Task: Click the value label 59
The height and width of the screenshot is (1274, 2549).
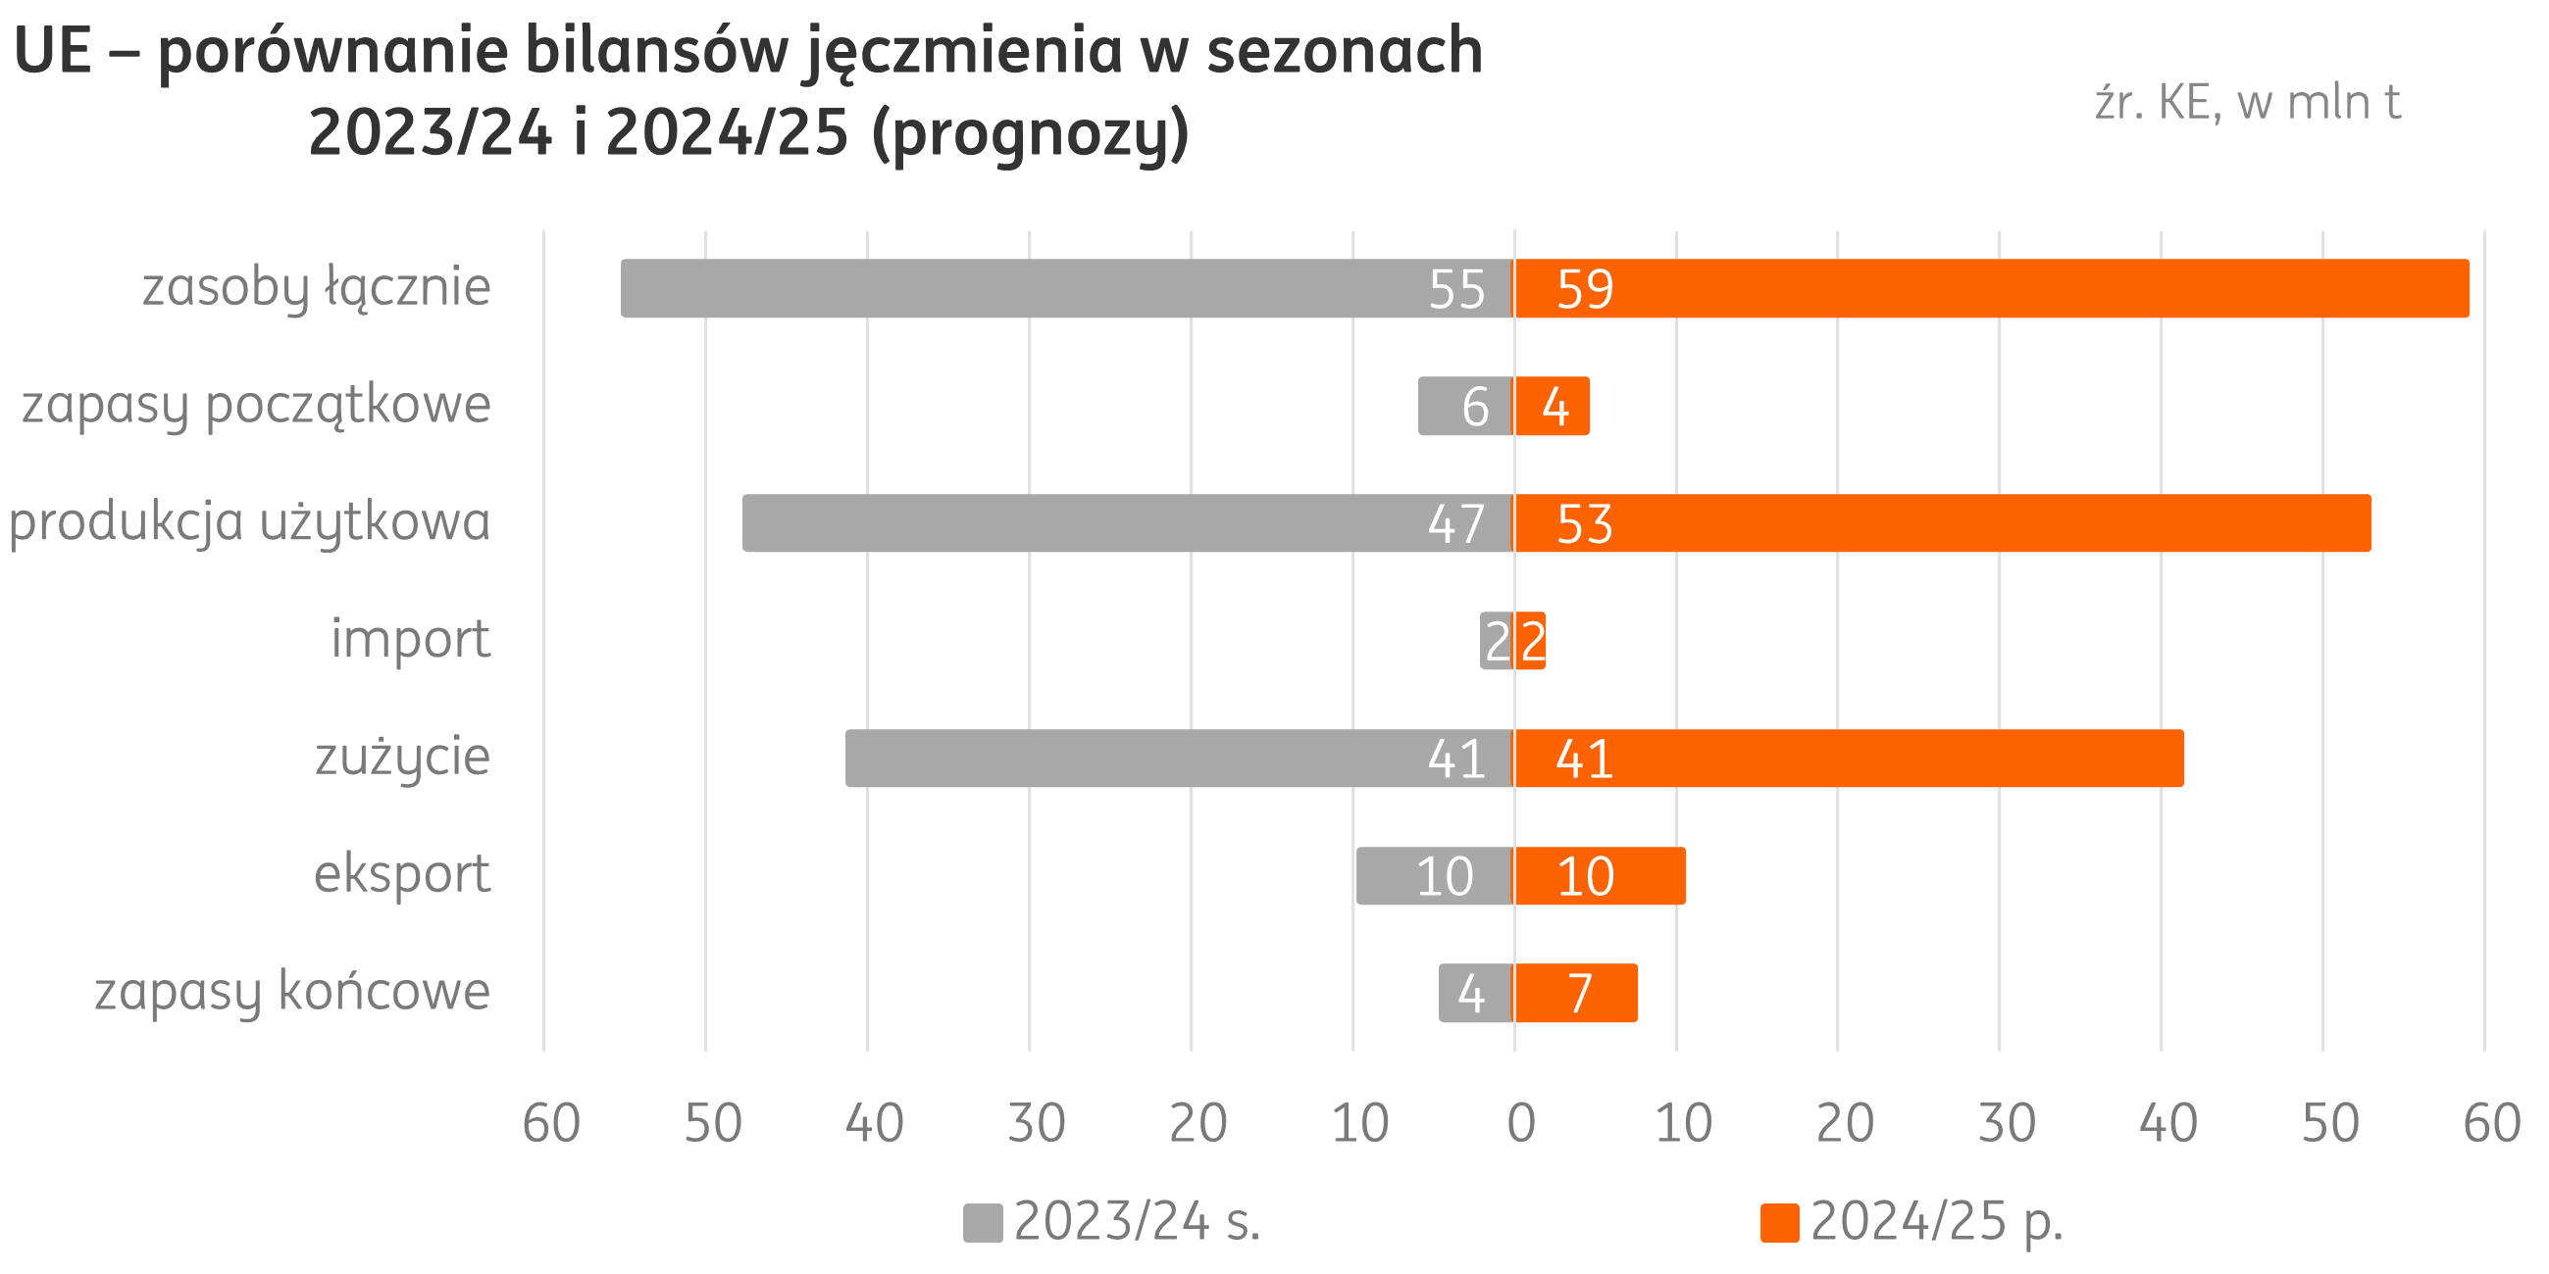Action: point(1584,290)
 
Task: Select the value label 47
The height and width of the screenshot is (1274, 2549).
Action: point(1455,524)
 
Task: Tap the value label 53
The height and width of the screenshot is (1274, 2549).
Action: point(1584,524)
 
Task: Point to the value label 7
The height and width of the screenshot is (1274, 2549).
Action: point(1580,994)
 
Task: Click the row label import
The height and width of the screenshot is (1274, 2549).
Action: point(410,639)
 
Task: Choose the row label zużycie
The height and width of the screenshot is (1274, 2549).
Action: point(402,758)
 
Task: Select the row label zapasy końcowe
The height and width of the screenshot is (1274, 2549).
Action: point(292,992)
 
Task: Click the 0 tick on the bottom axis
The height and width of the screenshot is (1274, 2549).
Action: point(1521,1124)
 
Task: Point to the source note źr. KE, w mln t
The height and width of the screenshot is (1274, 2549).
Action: point(2246,104)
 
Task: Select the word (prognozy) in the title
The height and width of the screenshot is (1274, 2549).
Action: point(1030,134)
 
